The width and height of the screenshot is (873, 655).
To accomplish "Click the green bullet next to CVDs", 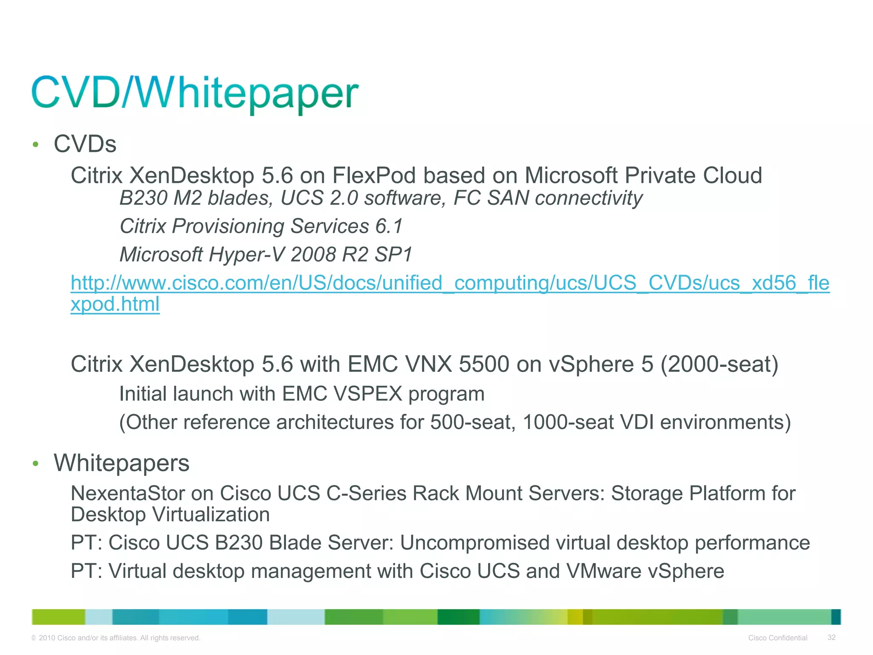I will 36,145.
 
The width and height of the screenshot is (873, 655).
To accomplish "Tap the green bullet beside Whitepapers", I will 36,464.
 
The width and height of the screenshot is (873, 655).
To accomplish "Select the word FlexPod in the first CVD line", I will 373,176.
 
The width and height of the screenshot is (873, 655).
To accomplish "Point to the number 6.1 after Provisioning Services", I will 388,226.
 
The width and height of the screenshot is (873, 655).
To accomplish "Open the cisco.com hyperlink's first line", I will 450,283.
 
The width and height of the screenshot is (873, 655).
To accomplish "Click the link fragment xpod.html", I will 115,304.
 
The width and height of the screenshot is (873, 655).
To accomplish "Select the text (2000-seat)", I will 719,365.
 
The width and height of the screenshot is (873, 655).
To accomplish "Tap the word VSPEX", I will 368,394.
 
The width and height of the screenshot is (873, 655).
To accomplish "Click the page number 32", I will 831,638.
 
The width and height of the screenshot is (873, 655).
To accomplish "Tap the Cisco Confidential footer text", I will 778,638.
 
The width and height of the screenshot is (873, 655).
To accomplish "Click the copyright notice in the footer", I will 116,638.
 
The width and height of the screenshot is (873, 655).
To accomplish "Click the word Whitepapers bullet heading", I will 121,464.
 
